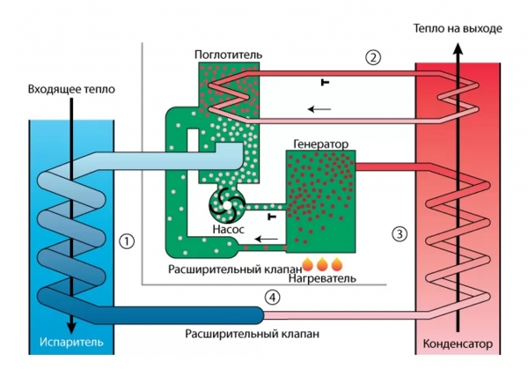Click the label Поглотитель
(x=228, y=55)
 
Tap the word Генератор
(x=321, y=143)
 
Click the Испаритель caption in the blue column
(x=71, y=342)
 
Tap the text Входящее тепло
(x=71, y=90)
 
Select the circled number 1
(x=127, y=240)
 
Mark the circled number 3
(x=400, y=233)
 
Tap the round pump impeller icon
(x=227, y=205)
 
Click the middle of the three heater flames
(x=323, y=263)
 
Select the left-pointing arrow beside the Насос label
(x=259, y=237)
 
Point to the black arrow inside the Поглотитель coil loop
(x=319, y=109)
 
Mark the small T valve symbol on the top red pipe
(x=326, y=82)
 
